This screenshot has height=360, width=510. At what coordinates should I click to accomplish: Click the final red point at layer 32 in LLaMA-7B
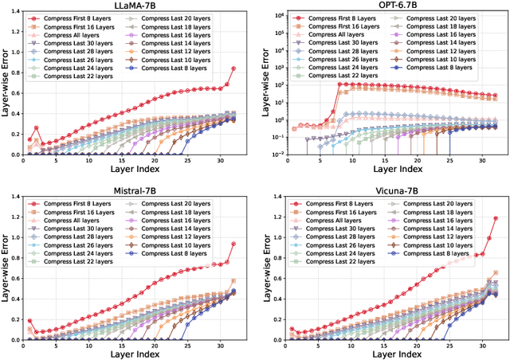(x=233, y=68)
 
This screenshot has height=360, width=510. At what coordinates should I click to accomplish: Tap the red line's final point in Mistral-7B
(x=233, y=245)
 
